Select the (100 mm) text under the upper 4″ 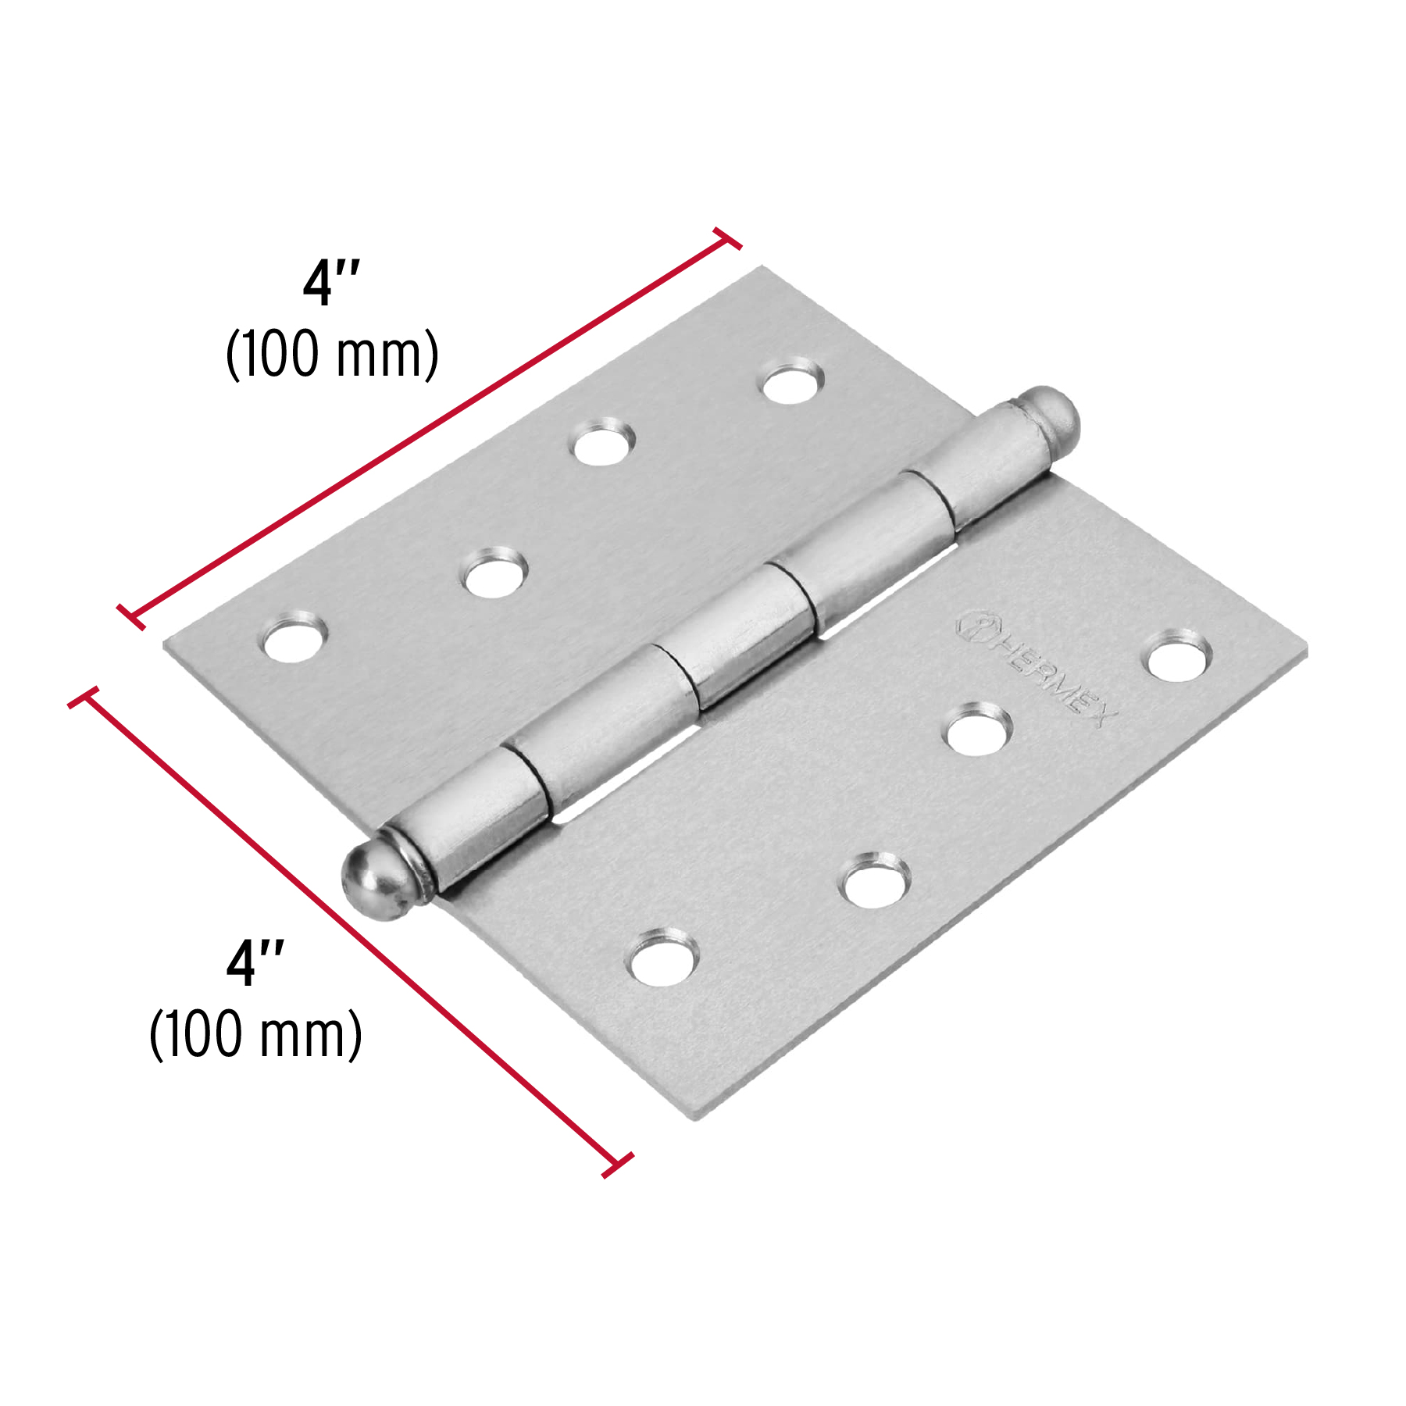coord(332,354)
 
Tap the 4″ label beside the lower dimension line coord(255,962)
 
